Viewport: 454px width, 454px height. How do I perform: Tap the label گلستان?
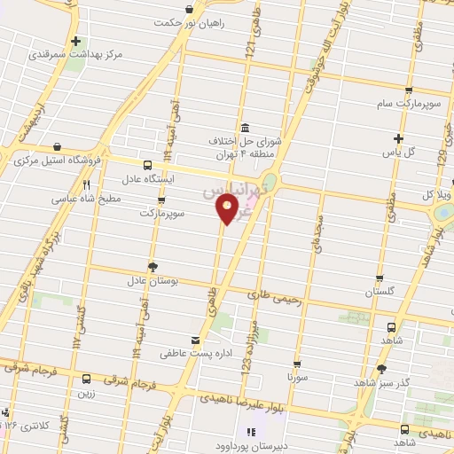click(381, 292)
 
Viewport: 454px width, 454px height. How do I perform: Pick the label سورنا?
click(296, 377)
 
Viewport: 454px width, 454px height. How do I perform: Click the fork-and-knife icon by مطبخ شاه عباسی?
click(87, 185)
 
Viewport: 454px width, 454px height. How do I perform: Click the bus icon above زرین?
click(85, 379)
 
